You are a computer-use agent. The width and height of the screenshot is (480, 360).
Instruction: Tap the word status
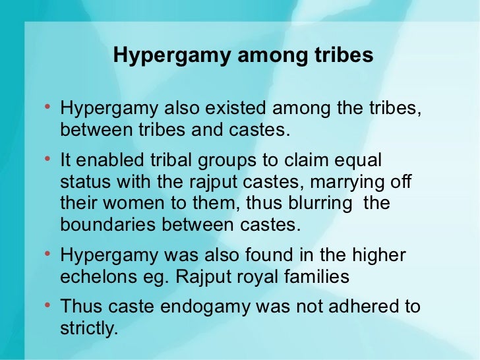pos(82,183)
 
